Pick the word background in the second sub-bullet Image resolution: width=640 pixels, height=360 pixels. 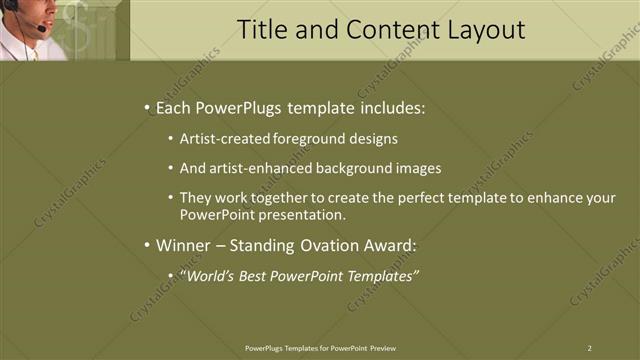click(353, 168)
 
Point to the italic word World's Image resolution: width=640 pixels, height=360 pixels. click(212, 275)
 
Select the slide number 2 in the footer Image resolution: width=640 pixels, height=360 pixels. click(589, 347)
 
